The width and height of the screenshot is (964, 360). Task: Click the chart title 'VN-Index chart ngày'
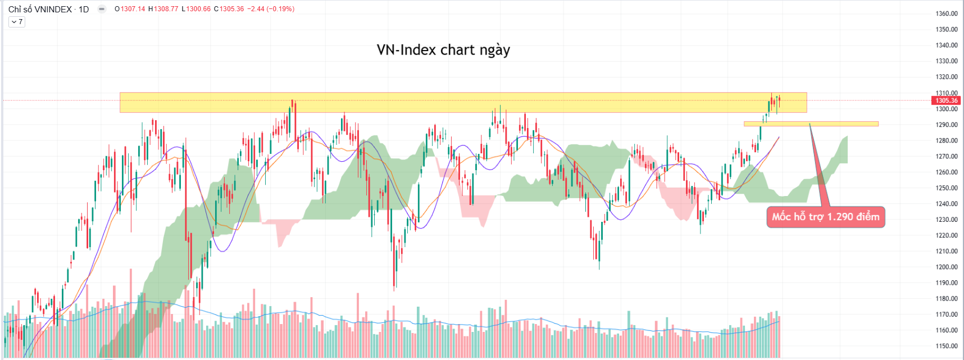tap(443, 50)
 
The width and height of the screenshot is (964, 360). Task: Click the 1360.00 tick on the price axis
tap(947, 13)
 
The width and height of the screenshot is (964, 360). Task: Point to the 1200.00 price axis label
tap(947, 267)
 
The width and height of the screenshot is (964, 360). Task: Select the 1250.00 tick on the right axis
tap(947, 188)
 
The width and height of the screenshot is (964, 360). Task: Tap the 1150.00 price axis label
tap(947, 347)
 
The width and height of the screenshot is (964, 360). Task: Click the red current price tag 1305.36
tap(947, 101)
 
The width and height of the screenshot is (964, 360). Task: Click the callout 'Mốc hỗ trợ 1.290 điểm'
tap(825, 217)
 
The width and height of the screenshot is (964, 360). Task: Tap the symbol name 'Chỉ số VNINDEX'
tap(40, 9)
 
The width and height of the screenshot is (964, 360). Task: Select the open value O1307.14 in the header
tap(130, 9)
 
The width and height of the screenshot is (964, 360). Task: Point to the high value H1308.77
tap(163, 9)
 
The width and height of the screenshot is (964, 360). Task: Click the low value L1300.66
tap(196, 9)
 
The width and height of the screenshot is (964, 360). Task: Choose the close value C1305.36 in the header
tap(229, 9)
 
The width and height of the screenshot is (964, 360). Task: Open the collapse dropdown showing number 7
tap(17, 22)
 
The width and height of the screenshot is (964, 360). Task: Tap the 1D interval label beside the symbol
tap(84, 9)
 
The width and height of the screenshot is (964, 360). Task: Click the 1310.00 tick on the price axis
tap(947, 93)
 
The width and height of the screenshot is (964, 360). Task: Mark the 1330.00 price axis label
tap(947, 61)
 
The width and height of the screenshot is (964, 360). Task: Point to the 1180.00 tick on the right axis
tap(947, 299)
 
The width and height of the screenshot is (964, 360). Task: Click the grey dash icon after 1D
tap(102, 9)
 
